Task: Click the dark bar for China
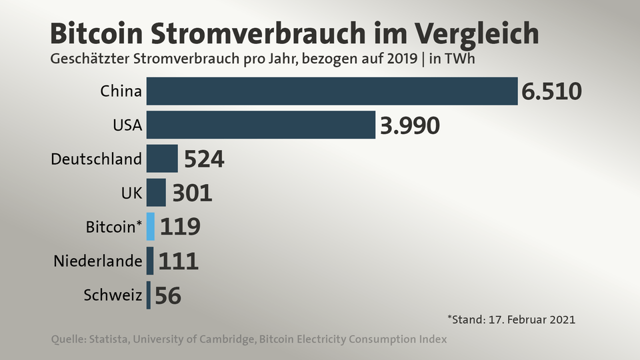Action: (332, 91)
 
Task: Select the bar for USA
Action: (261, 125)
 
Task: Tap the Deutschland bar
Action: (162, 159)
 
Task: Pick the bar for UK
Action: (156, 193)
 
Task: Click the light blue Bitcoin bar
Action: (151, 227)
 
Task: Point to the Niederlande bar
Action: (150, 261)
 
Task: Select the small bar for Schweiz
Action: (149, 295)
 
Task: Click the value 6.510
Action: (552, 91)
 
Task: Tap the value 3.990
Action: (410, 125)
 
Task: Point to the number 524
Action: (204, 159)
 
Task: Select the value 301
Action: (192, 193)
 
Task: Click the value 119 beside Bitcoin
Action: (180, 227)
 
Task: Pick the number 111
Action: (179, 261)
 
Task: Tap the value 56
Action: (168, 295)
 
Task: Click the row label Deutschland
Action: (97, 159)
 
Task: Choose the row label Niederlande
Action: (98, 261)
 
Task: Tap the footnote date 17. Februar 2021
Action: (529, 319)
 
